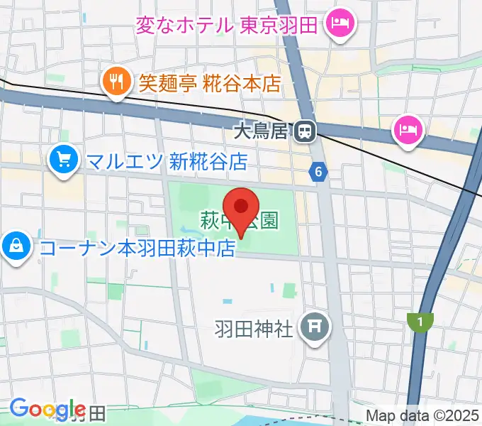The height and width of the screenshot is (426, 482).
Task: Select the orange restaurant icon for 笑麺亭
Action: (113, 82)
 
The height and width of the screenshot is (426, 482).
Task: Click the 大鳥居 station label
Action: (262, 131)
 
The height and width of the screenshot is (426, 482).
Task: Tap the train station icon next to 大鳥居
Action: (306, 131)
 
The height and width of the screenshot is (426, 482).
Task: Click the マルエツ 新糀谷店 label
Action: (167, 162)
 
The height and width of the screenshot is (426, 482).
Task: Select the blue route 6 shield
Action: (319, 171)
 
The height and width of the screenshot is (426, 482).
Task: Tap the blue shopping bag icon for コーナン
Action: (15, 246)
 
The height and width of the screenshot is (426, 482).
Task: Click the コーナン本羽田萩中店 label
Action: (138, 248)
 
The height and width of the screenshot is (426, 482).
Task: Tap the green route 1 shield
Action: (420, 322)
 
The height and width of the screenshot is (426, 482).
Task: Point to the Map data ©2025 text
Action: (422, 415)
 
